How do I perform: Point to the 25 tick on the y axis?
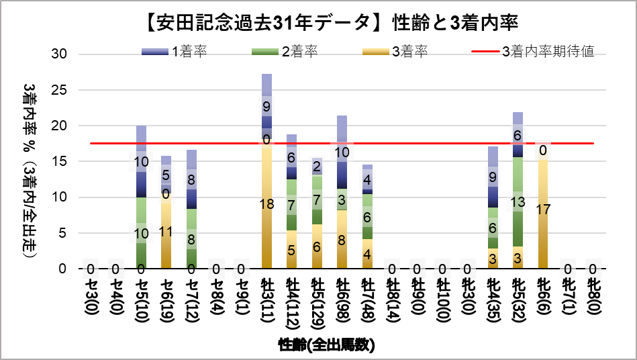(x=58, y=90)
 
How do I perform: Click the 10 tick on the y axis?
(x=58, y=197)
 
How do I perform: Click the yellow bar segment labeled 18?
(x=267, y=205)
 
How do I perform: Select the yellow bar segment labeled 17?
(x=544, y=208)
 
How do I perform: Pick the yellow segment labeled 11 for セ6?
(x=166, y=232)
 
